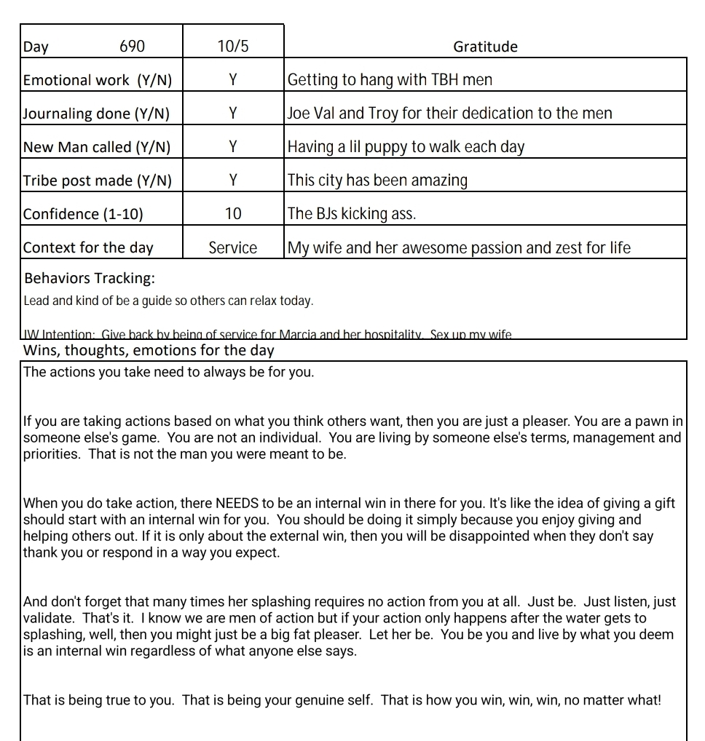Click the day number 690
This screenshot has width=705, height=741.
tap(132, 47)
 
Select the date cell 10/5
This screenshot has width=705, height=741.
tap(233, 47)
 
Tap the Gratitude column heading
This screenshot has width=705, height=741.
tap(485, 47)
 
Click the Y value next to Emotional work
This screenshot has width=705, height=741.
tap(233, 80)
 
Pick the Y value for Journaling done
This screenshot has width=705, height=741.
tap(233, 114)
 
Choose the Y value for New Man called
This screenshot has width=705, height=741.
tap(233, 147)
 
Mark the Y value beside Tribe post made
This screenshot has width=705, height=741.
tap(233, 181)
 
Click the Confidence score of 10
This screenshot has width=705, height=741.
tap(233, 214)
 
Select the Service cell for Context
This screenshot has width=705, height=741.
tap(233, 247)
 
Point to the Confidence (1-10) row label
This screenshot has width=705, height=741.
tap(83, 214)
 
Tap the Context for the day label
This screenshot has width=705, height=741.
tap(88, 247)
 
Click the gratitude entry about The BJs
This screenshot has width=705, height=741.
tap(352, 214)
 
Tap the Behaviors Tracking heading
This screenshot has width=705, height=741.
tap(90, 278)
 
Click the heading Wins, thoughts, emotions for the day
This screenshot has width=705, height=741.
tap(149, 350)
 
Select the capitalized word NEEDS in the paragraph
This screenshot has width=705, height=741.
tap(238, 504)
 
